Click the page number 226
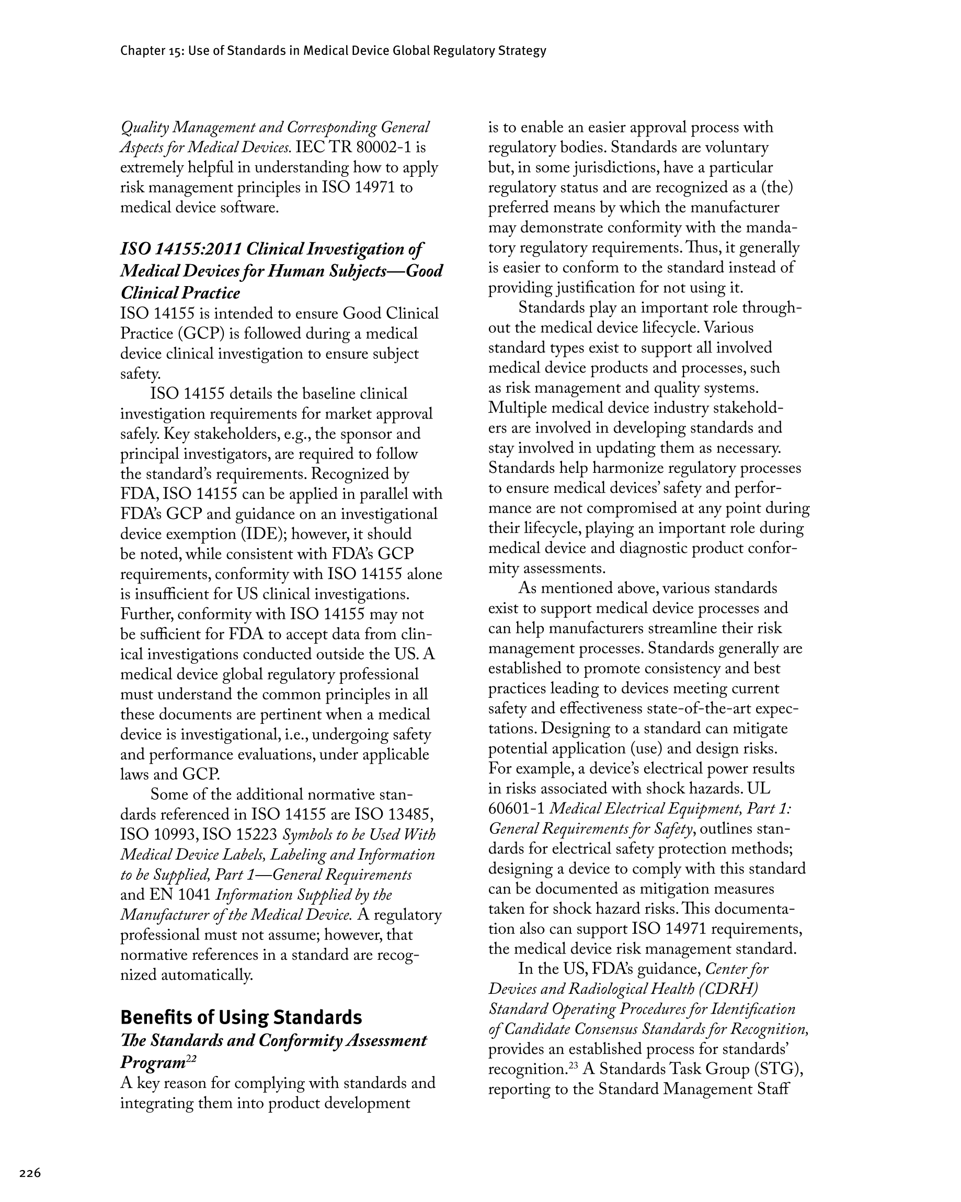click(30, 1173)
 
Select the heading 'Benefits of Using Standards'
click(241, 1017)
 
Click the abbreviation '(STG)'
click(773, 1069)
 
